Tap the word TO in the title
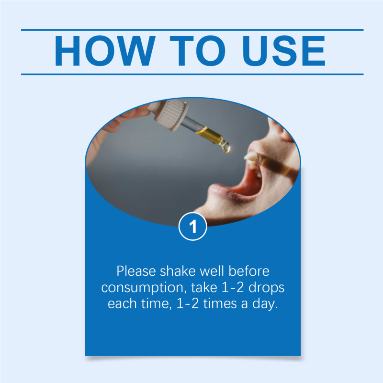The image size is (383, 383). (198, 51)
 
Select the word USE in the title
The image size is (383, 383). (284, 51)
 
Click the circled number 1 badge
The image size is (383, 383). (193, 226)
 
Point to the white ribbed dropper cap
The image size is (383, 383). (170, 114)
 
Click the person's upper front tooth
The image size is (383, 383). (251, 157)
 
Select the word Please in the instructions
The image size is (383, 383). (136, 271)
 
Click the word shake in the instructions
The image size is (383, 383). (178, 271)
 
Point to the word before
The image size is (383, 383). (248, 271)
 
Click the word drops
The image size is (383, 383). (266, 288)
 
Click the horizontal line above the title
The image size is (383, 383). (192, 30)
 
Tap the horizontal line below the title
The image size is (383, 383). (192, 74)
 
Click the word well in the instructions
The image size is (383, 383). (212, 271)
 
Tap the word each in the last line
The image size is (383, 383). (122, 304)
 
